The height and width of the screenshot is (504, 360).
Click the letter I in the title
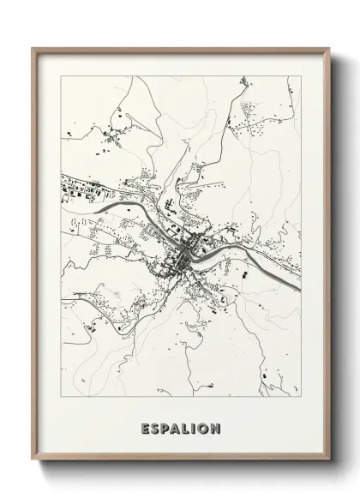pyautogui.click(x=195, y=426)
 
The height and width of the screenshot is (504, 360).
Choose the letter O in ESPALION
pyautogui.click(x=204, y=426)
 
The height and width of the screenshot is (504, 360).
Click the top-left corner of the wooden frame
pyautogui.click(x=33, y=47)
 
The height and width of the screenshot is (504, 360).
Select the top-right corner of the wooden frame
pyautogui.click(x=327, y=47)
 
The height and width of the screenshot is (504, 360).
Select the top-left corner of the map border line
pyautogui.click(x=62, y=75)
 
